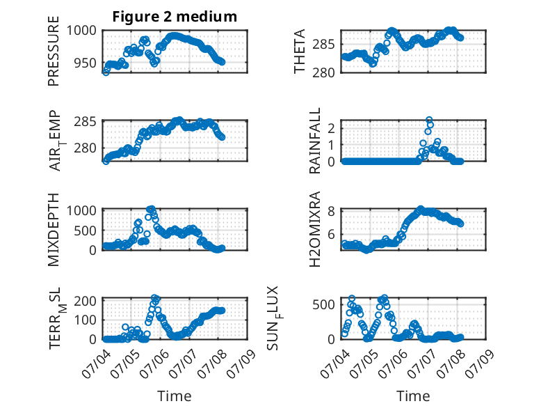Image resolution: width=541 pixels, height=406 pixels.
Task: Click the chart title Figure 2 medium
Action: pos(175,17)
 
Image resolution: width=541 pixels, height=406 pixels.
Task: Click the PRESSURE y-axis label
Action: pos(54,51)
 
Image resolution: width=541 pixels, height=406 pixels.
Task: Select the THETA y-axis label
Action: pos(300,51)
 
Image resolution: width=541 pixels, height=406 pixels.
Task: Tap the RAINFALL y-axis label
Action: pos(315,141)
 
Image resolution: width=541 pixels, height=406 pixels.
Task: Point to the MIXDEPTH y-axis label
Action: pos(54,230)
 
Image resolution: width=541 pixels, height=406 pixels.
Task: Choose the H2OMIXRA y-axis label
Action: pos(315,229)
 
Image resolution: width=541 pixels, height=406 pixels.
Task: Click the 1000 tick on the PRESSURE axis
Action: pos(81,31)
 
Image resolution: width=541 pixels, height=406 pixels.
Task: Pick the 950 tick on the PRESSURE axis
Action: pos(86,63)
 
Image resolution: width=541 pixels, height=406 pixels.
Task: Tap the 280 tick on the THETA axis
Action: pos(323,73)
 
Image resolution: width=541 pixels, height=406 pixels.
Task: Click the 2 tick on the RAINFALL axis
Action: pos(332,129)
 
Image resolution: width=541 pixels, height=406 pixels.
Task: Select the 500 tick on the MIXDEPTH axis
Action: pos(86,231)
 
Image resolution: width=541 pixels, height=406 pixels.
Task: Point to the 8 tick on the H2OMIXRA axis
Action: pos(332,211)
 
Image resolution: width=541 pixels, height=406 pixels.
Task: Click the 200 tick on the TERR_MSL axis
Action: pos(86,301)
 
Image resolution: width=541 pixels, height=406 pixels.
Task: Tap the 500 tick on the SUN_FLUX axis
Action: pos(323,305)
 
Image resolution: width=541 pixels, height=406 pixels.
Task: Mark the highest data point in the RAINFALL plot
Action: pos(429,120)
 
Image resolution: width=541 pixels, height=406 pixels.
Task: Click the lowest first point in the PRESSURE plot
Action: pos(106,72)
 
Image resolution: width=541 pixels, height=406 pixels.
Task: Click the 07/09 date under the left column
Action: pos(243,363)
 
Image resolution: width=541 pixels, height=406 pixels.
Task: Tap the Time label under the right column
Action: pos(413,396)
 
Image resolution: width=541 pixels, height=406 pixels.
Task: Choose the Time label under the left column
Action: pos(175,396)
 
